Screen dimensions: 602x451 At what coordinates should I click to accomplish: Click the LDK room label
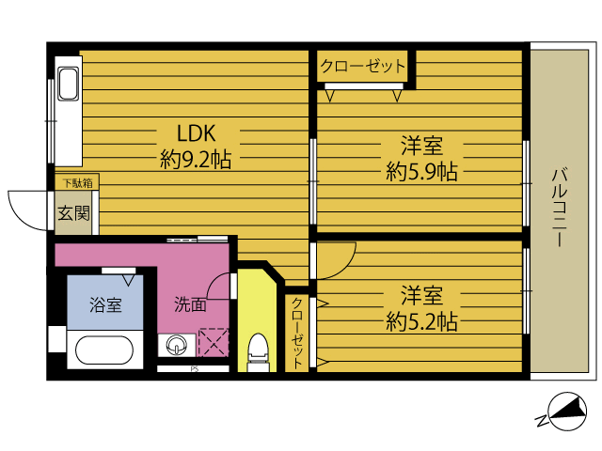click(x=197, y=133)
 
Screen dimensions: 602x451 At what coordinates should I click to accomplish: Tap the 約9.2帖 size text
click(x=196, y=159)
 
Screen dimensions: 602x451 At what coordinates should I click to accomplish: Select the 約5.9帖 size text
click(x=421, y=171)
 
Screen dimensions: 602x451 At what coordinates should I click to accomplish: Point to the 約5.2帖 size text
click(x=421, y=321)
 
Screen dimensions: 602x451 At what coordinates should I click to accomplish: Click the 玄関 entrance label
click(x=73, y=213)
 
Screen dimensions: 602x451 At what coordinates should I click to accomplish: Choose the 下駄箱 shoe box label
click(x=78, y=183)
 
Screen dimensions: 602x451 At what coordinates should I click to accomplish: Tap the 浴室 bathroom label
click(x=105, y=304)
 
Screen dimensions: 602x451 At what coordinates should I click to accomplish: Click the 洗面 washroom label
click(x=190, y=304)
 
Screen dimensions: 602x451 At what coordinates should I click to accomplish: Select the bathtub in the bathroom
click(x=104, y=350)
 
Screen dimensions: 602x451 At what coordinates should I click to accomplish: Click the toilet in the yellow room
click(x=257, y=352)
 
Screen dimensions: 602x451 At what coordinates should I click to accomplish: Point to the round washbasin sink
click(x=177, y=345)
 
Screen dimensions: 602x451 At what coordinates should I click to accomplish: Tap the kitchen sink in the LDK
click(x=69, y=85)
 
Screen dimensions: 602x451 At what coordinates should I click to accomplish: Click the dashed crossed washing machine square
click(x=214, y=342)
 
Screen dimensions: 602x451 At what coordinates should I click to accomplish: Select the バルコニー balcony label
click(x=561, y=207)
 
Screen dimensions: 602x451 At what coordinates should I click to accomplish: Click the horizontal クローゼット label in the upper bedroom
click(x=363, y=66)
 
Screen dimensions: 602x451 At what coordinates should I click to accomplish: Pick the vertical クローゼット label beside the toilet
click(x=297, y=333)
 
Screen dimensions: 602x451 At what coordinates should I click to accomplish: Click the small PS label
click(x=195, y=369)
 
